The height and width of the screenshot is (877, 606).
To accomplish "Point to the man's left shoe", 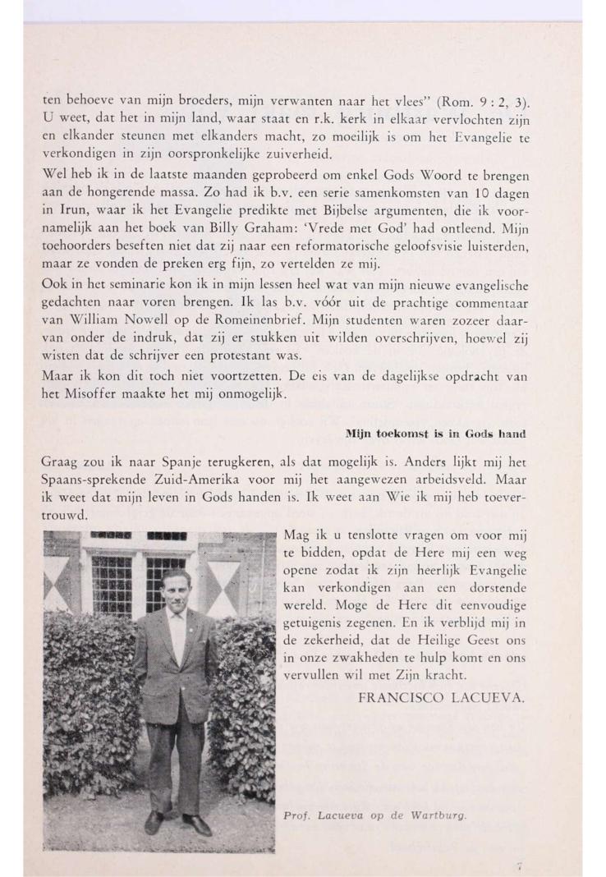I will tap(198, 822).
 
